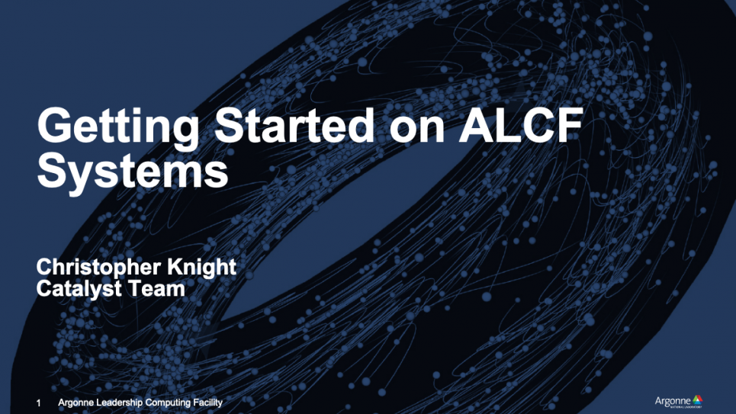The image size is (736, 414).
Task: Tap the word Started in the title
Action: pos(294,125)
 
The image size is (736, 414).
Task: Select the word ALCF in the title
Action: pos(521,125)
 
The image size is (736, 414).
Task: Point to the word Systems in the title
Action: pos(133,172)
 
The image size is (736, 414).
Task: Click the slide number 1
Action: pos(38,403)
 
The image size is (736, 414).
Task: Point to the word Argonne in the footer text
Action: pos(76,403)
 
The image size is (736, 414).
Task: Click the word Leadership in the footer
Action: pos(119,403)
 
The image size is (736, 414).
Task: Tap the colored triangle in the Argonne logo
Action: pos(698,400)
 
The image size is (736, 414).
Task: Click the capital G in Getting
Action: pos(55,125)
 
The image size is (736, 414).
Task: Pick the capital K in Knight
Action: pos(175,266)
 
